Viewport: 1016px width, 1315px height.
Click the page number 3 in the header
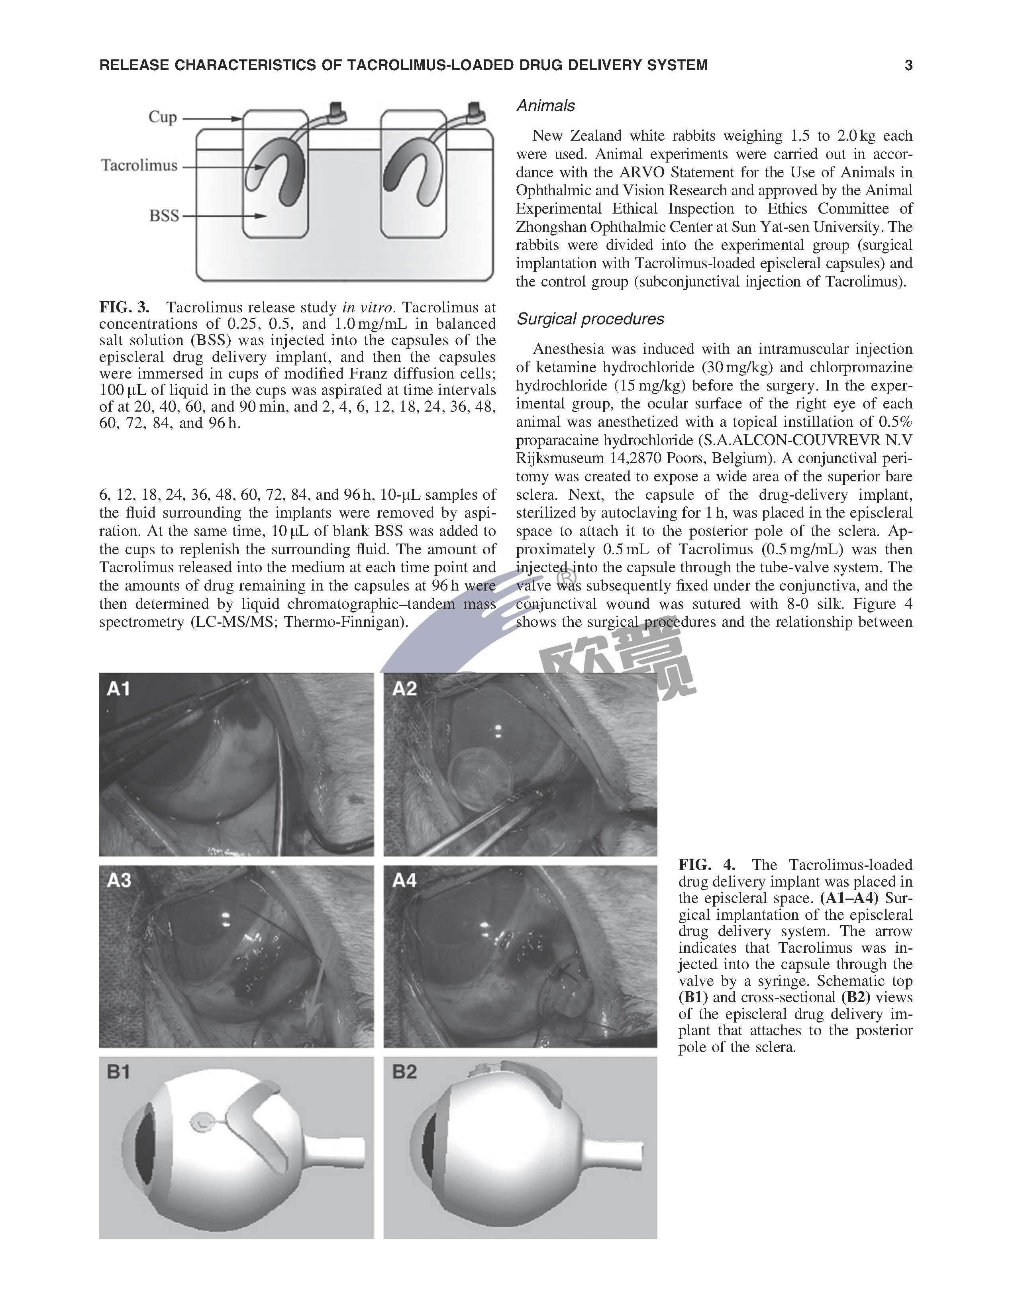click(x=908, y=65)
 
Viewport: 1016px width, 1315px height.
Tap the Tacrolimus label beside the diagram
click(x=139, y=166)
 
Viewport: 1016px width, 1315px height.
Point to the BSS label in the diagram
click(x=164, y=216)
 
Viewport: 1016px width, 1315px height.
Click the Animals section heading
click(x=545, y=106)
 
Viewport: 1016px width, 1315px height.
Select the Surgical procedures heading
click(x=590, y=319)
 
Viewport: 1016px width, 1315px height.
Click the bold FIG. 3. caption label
click(x=124, y=307)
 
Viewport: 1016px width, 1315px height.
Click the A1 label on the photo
click(x=119, y=688)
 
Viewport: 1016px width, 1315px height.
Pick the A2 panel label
click(x=404, y=688)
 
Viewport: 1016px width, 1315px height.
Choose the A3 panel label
click(x=119, y=880)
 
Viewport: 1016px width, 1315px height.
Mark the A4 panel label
click(x=404, y=880)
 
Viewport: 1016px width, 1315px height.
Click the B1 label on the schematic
click(x=119, y=1072)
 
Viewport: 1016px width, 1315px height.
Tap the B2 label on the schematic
click(x=404, y=1072)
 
